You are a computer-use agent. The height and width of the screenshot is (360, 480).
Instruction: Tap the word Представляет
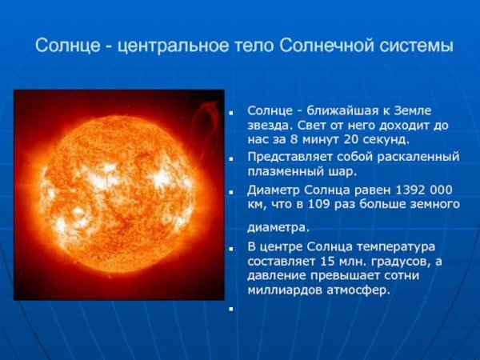pyautogui.click(x=290, y=156)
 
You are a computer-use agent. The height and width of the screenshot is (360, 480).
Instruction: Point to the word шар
pyautogui.click(x=341, y=171)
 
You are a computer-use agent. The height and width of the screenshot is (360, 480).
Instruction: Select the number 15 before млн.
pyautogui.click(x=325, y=261)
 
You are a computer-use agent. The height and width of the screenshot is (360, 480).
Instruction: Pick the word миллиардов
pyautogui.click(x=285, y=290)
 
